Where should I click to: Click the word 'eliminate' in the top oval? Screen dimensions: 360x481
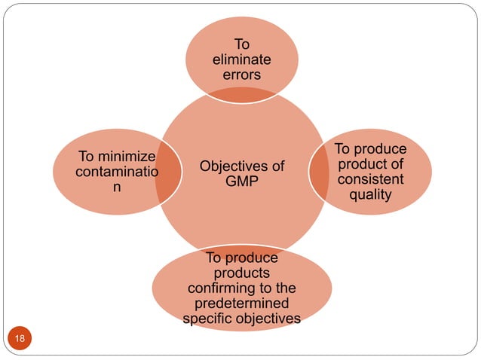coord(242,60)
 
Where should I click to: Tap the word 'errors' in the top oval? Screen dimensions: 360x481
coord(242,75)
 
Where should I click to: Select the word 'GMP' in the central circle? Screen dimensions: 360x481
coord(242,181)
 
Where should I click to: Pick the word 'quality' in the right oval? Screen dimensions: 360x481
coord(369,195)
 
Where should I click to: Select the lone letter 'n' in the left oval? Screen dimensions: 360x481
coord(115,188)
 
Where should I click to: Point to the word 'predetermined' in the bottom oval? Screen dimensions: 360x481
coord(241,304)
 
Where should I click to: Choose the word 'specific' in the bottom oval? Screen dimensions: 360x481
coord(207,319)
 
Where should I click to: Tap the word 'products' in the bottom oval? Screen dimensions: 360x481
coord(241,273)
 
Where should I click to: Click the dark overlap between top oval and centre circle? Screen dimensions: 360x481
coord(242,93)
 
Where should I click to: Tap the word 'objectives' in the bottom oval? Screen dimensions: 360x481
coord(267,319)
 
